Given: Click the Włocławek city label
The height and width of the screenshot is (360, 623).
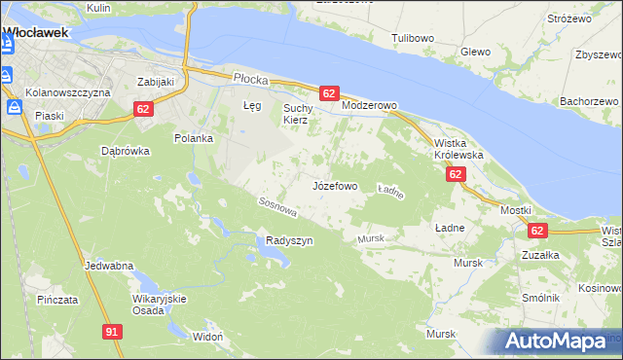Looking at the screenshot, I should click(x=35, y=32).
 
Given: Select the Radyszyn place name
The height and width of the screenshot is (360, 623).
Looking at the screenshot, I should click(x=289, y=240).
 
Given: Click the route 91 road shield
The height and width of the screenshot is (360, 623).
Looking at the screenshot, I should click(x=112, y=332).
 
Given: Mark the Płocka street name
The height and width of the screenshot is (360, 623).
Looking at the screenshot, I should click(x=250, y=77).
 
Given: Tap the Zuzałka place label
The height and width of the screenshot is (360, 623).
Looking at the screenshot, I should click(x=539, y=254).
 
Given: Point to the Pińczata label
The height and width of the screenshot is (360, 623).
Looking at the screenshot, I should click(x=56, y=299).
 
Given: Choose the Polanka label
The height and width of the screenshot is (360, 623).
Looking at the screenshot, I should click(x=193, y=138).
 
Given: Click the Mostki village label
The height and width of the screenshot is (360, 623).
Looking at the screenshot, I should click(x=515, y=210).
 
